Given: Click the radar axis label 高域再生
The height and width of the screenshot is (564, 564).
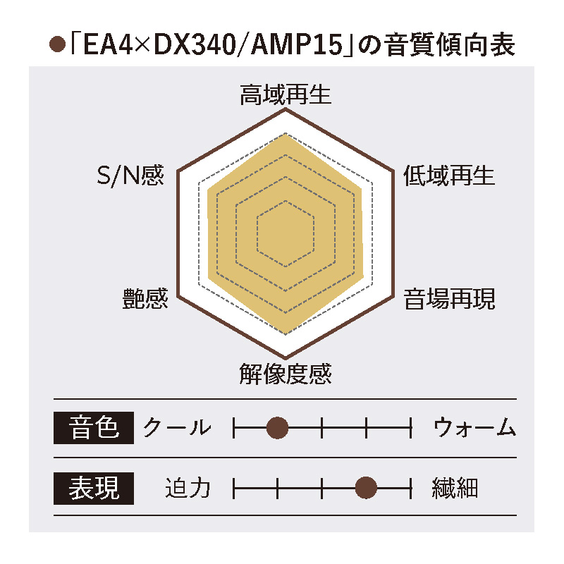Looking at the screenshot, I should pos(286,95).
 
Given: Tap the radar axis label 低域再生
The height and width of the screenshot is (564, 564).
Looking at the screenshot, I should pos(449,176).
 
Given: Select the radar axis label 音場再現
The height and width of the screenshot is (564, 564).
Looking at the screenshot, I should pos(449,299).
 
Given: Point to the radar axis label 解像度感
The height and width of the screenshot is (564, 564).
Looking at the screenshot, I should pos(286,373).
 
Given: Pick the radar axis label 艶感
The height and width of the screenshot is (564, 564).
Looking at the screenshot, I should pos(145,299).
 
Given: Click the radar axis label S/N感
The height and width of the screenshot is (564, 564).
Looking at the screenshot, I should pos(130,176).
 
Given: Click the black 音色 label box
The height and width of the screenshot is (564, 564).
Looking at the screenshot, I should pos(94,427).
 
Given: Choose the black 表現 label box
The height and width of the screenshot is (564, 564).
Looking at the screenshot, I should pos(94,487).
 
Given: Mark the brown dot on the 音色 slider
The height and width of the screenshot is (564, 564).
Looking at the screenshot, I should pos(278,427).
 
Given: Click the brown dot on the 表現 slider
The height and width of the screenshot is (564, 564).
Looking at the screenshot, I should pos(366,487).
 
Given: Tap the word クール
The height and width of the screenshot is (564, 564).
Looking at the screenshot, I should pos(176,427).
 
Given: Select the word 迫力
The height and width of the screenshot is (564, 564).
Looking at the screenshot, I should pos(188,487).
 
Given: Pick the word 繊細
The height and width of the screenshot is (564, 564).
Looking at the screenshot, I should pos(455,487).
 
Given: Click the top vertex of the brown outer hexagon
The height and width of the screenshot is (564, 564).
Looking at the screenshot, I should pos(286,109).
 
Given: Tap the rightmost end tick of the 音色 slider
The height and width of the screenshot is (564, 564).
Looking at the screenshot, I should pos(410,427).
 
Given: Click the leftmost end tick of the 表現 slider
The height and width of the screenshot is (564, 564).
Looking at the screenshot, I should pos(233,487).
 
